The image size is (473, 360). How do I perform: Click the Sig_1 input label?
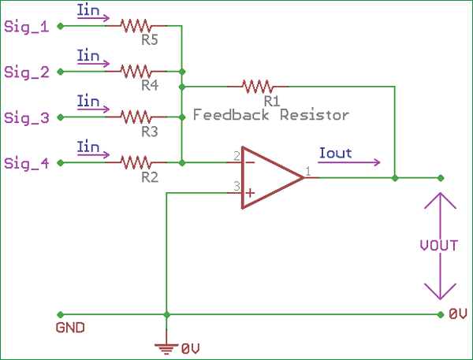pos(26,27)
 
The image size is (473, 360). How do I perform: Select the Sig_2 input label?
pos(26,72)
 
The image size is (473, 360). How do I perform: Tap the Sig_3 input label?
pos(26,118)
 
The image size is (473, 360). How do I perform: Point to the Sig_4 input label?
pos(26,163)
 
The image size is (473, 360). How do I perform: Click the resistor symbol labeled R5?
pos(135,26)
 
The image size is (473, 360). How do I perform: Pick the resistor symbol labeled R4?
pos(135,72)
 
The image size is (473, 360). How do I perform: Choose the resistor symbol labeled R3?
pos(135,117)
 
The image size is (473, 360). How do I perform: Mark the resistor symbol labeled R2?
pos(135,162)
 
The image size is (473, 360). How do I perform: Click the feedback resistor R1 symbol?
pos(256,85)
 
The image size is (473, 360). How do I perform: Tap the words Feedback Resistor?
pos(271,115)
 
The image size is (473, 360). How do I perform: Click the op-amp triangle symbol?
pos(268,177)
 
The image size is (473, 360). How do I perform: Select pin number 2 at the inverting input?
pos(236,156)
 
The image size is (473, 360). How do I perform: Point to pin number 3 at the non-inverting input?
pos(236,187)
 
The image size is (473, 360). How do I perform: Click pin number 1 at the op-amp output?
pos(308,170)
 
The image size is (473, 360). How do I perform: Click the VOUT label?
pos(439,245)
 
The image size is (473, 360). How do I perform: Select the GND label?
pos(70,327)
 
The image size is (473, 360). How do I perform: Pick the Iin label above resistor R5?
pos(89,11)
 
